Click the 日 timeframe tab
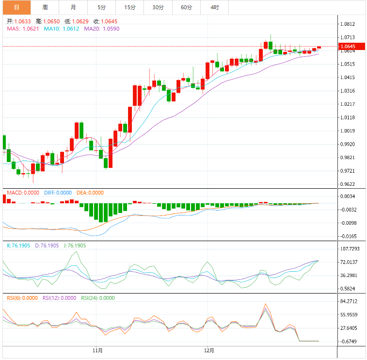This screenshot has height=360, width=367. click(16, 7)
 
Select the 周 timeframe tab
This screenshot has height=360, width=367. click(45, 7)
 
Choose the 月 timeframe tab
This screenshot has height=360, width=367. click(73, 7)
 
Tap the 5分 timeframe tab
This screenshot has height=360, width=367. click(101, 7)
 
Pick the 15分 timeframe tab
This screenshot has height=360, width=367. click(129, 7)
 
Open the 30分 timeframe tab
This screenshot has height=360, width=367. click(158, 7)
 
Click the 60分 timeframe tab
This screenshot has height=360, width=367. click(186, 7)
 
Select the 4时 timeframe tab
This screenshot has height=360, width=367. click(214, 7)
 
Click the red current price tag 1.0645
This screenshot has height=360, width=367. click(350, 47)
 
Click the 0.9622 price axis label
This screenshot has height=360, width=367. click(348, 184)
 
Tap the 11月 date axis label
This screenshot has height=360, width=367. click(97, 350)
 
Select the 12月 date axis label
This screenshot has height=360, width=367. click(209, 350)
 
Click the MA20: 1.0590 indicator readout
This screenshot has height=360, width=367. click(102, 29)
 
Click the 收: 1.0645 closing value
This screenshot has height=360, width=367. click(105, 21)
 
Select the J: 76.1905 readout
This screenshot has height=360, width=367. click(75, 246)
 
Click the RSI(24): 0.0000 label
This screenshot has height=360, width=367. click(98, 298)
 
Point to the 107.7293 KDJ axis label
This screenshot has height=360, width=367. click(350, 249)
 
